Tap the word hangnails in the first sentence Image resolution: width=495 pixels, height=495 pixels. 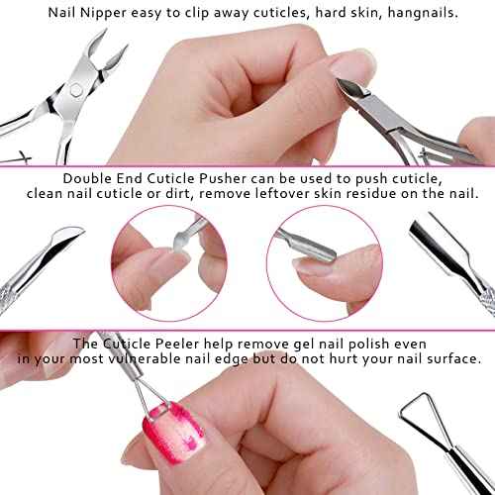point(403,14)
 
